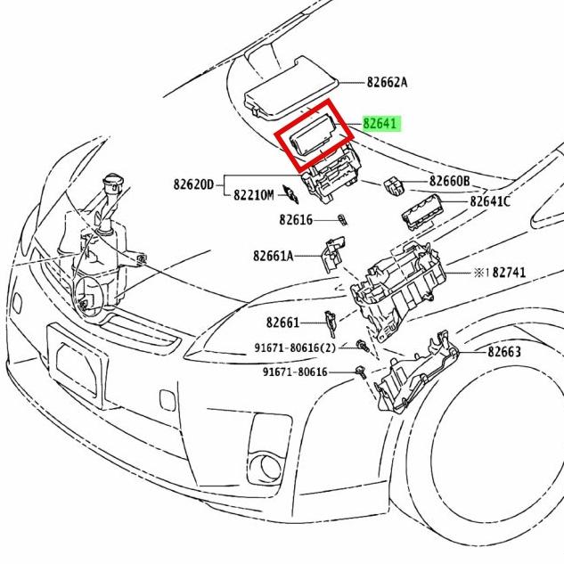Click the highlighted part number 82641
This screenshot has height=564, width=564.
click(380, 122)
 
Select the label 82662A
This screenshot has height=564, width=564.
click(387, 82)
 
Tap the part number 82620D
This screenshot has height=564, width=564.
click(194, 184)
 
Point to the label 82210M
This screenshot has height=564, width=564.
click(253, 193)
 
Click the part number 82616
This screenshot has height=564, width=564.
click(296, 219)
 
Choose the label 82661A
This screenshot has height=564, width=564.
click(273, 256)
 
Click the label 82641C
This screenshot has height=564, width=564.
click(490, 201)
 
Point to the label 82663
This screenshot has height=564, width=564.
click(504, 352)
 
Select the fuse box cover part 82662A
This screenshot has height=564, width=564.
click(290, 85)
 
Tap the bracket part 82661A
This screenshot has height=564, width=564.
click(331, 253)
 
